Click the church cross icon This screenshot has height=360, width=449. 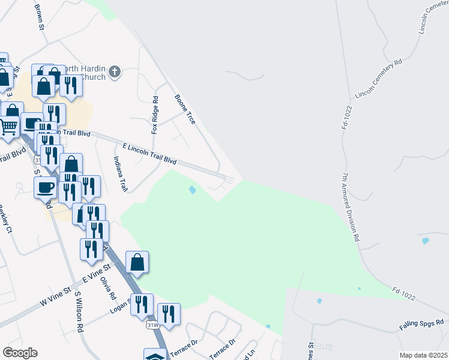[115, 73]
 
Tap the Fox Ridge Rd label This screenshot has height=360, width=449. [155, 115]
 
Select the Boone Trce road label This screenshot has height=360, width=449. [185, 109]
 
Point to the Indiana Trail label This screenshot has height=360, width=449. [121, 175]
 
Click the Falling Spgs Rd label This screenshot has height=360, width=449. [421, 326]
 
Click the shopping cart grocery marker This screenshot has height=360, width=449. [8, 127]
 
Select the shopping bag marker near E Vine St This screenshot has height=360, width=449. [137, 262]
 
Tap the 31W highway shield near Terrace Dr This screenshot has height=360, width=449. [153, 325]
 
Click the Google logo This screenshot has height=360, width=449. [20, 353]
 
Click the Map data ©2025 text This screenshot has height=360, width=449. [423, 355]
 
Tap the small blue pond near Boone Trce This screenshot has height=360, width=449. [192, 190]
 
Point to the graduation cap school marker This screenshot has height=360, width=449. [155, 355]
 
